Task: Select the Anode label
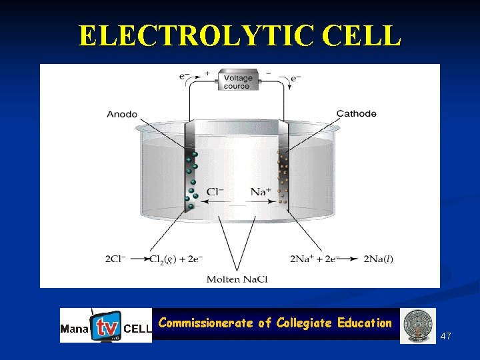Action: click(122, 114)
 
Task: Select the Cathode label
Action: click(356, 114)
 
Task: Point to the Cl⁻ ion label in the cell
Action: click(215, 192)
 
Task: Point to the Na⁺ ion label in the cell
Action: click(261, 192)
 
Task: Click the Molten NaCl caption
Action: click(237, 279)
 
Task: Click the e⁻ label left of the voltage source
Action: click(185, 76)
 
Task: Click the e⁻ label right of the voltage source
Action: click(296, 78)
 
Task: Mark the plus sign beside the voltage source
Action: click(207, 72)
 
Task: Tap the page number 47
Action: click(446, 336)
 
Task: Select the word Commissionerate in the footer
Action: click(206, 323)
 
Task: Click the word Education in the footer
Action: click(365, 323)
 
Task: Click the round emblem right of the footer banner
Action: click(419, 325)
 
